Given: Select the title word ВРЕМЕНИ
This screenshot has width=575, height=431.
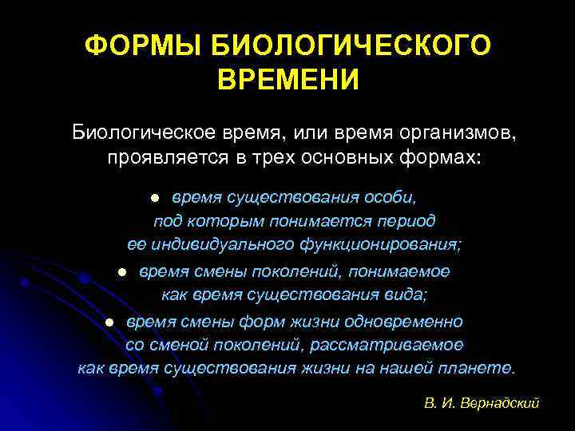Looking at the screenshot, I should [287, 80].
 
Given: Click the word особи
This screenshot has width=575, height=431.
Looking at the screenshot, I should [391, 196].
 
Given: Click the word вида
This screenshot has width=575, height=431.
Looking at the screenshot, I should [406, 295].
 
